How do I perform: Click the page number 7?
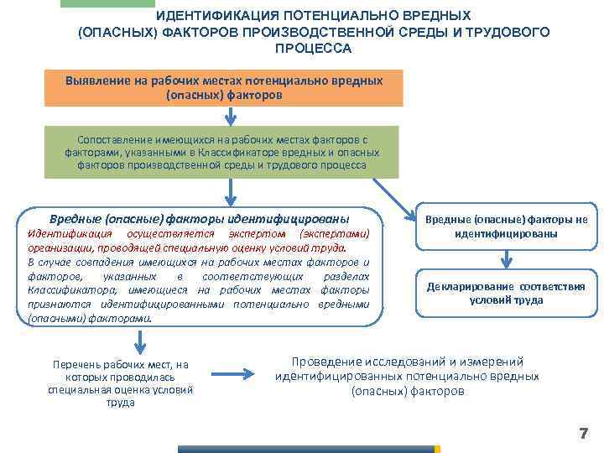[x=583, y=433]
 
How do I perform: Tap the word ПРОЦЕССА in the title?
[x=313, y=48]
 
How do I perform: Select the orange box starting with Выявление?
[x=224, y=88]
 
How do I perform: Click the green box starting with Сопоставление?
[x=222, y=152]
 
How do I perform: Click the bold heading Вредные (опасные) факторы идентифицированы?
[x=200, y=215]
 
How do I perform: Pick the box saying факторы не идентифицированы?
[x=505, y=226]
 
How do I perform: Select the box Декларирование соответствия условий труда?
[x=505, y=293]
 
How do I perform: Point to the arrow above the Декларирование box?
[x=505, y=259]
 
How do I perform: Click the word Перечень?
[x=75, y=364]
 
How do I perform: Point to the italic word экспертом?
[x=257, y=234]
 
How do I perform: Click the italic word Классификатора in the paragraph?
[x=62, y=290]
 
